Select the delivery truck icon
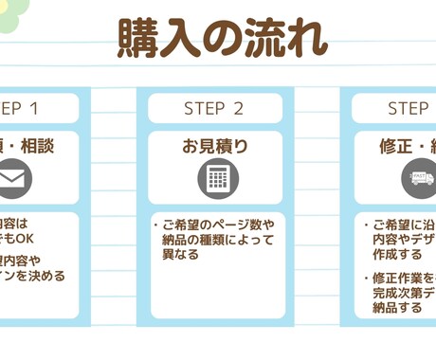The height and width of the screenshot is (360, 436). point(420,178)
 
